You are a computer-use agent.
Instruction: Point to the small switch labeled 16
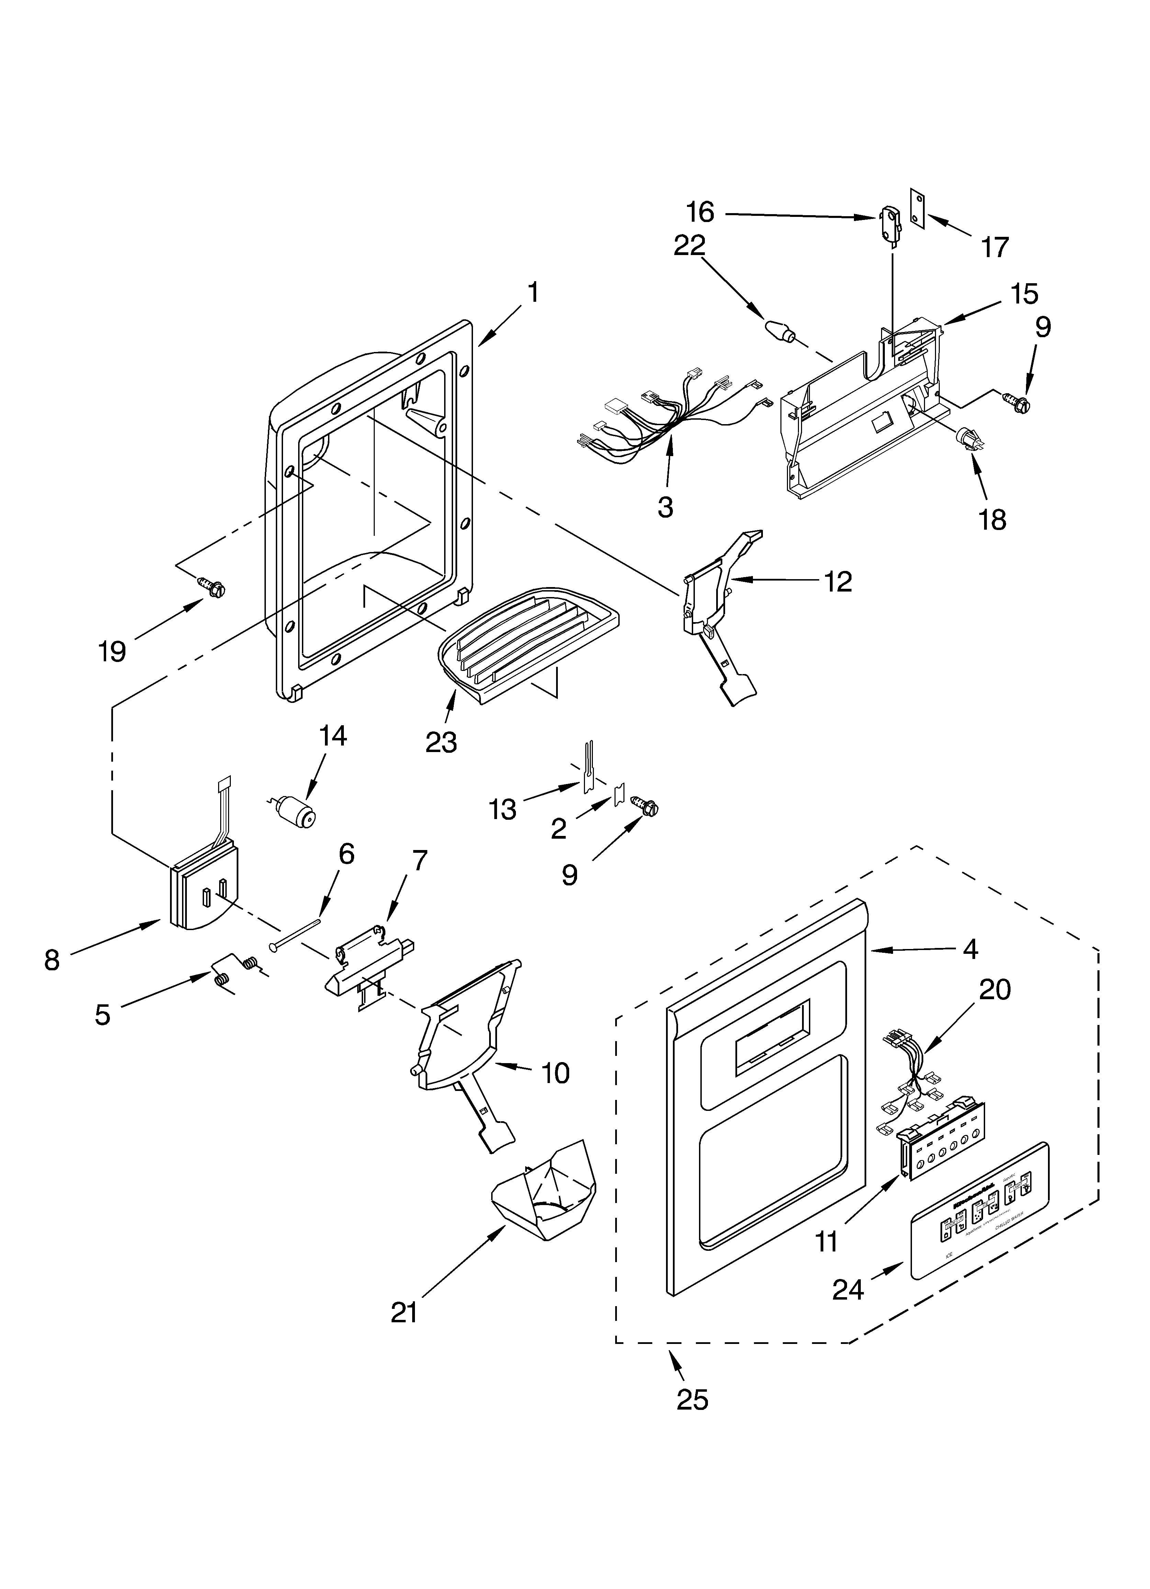pyautogui.click(x=887, y=219)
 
